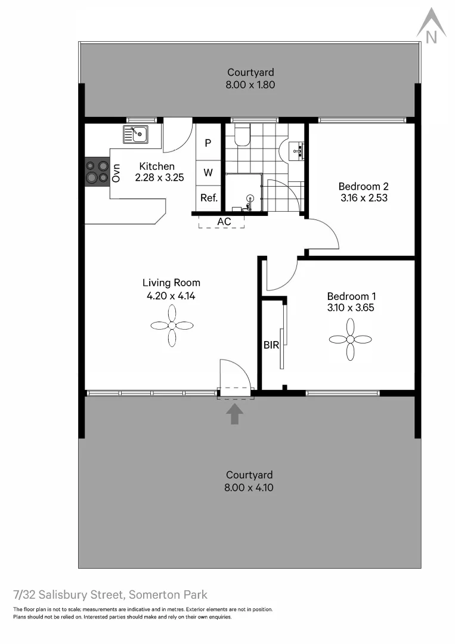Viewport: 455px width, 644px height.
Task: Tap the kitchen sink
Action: coord(136,134)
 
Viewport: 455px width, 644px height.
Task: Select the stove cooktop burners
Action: coord(97,171)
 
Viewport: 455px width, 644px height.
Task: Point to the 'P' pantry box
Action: coord(208,143)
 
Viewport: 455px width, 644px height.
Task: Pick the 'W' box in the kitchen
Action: coord(208,173)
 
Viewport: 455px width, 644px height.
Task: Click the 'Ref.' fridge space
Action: coord(209,198)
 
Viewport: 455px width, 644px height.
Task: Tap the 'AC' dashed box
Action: coord(224,222)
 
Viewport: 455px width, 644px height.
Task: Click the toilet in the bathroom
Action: coord(242,136)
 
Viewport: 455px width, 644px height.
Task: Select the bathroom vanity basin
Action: coord(296,151)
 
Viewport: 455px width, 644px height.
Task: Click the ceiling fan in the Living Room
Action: coord(172,326)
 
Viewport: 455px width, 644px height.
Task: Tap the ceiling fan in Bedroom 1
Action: coord(350,339)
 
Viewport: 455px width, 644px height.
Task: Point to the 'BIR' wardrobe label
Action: coord(271,345)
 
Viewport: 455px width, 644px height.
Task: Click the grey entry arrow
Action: coord(235,413)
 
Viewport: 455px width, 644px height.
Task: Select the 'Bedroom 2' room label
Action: coord(363,187)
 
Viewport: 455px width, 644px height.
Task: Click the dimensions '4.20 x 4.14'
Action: coord(171,295)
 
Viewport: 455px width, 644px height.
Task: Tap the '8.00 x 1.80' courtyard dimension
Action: coord(250,85)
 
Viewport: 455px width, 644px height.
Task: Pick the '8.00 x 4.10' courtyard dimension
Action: coord(249,487)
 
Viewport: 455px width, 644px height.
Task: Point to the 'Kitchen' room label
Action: coord(157,166)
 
